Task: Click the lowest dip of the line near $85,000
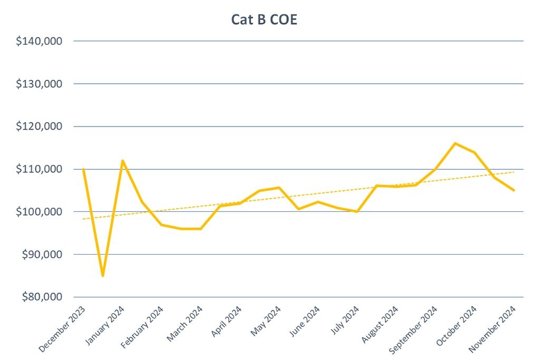coord(103,276)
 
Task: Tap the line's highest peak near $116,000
coord(455,143)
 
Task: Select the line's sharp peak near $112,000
coord(122,161)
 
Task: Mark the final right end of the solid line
coord(514,190)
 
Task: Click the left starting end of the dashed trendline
coord(83,219)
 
